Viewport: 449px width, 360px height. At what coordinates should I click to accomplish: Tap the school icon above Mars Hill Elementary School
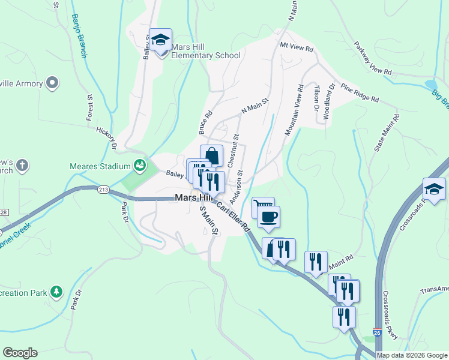click(x=160, y=41)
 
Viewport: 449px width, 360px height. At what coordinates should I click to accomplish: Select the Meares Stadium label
click(x=100, y=166)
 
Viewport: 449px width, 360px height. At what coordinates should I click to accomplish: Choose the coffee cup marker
click(x=268, y=217)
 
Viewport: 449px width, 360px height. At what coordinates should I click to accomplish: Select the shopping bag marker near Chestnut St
click(x=211, y=155)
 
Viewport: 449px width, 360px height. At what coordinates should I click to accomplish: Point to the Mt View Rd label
click(x=297, y=47)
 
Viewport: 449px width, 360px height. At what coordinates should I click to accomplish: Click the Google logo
click(x=20, y=353)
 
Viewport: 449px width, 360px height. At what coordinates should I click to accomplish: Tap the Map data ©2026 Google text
click(x=411, y=355)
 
